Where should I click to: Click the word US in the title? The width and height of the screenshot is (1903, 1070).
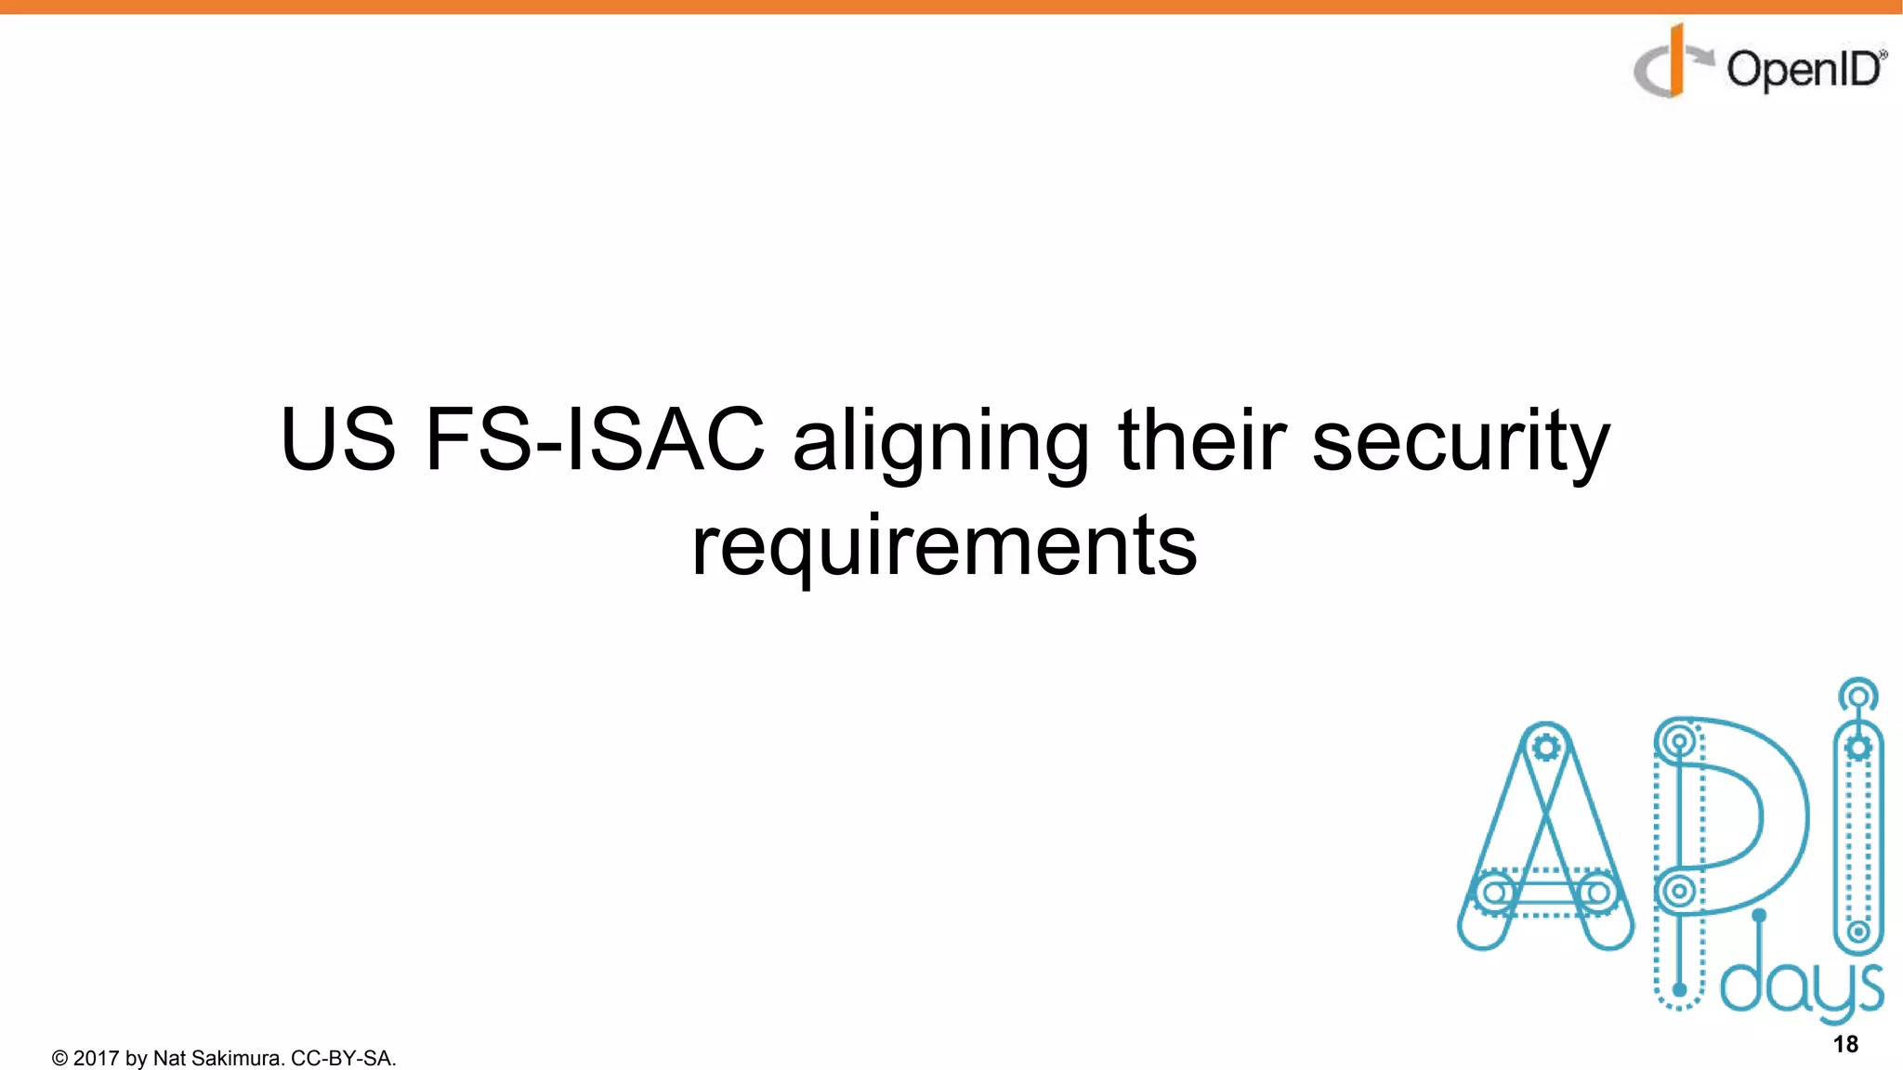tap(338, 440)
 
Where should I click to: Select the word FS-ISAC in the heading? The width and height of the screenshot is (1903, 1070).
tap(595, 440)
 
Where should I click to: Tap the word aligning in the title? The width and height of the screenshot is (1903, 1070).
tap(940, 444)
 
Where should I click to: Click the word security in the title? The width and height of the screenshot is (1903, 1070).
tap(1460, 444)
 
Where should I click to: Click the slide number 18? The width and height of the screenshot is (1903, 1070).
tap(1845, 1044)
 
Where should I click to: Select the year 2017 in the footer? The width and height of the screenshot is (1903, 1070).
tap(96, 1058)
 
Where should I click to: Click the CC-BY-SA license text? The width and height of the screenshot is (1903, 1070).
tap(343, 1058)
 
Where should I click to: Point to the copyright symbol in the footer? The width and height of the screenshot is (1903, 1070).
tap(59, 1059)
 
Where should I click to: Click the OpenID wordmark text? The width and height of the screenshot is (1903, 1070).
tap(1805, 70)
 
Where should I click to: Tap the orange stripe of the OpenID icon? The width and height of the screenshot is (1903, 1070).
tap(1675, 61)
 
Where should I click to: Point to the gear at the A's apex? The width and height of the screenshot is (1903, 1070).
tap(1546, 748)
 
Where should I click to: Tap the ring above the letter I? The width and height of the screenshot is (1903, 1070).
tap(1857, 695)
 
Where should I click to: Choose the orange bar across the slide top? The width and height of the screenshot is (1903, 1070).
tap(951, 7)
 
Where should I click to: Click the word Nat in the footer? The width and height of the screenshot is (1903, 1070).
tap(169, 1058)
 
